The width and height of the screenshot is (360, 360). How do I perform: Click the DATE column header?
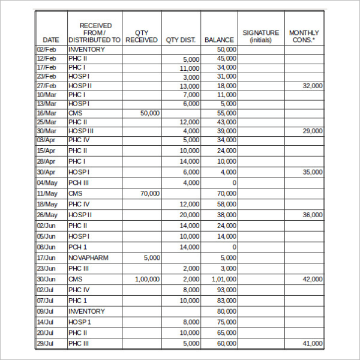coord(51,40)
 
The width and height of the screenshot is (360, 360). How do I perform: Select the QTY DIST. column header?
coord(181,40)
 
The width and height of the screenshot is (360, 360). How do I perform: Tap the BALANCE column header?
coord(219,40)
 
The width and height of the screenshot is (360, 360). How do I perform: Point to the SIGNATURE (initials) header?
coord(260,36)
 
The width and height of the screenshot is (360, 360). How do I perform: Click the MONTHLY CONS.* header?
coord(304,36)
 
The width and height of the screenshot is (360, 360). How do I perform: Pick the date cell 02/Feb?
coord(47,50)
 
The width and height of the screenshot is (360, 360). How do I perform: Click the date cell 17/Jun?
coord(47,257)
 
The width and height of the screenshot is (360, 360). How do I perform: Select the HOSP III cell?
coord(81,131)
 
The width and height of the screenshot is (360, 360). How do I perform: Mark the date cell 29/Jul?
coord(47,343)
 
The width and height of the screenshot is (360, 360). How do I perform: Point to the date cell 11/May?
coord(47,193)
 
